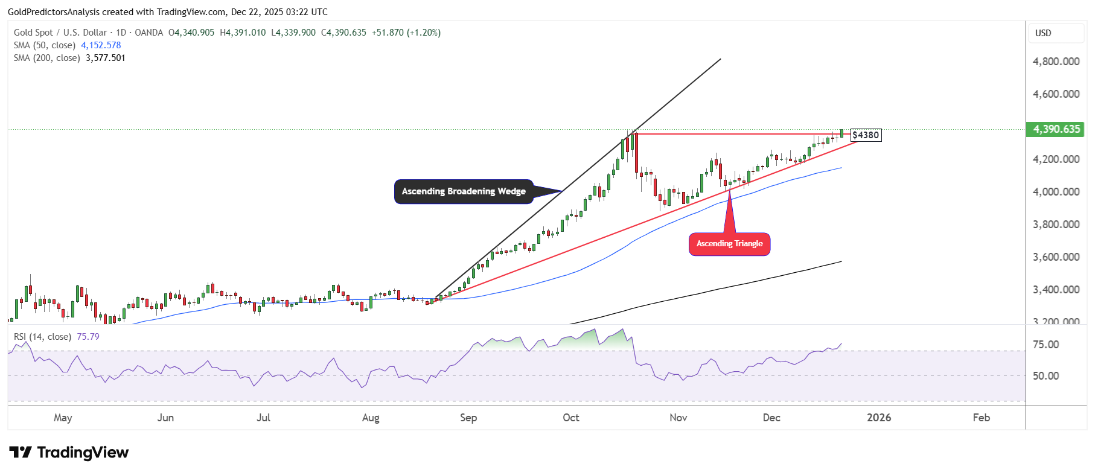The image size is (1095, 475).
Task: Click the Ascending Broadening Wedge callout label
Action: pos(464,191)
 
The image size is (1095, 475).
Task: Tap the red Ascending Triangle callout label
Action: pos(729,244)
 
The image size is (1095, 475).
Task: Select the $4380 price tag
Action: pos(866,135)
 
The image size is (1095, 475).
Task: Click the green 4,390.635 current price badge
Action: pos(1056,129)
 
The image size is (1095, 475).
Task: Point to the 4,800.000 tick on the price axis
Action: pos(1056,62)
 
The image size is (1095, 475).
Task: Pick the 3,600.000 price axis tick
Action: pos(1056,257)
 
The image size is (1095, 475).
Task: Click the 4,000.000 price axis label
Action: pos(1056,192)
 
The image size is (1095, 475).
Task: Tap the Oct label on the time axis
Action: pos(570,418)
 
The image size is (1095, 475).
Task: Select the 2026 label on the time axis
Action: pos(878,418)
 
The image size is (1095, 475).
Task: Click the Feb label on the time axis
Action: pos(981,418)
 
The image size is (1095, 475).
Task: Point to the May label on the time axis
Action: pos(63,418)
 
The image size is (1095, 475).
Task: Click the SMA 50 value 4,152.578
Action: pos(101,45)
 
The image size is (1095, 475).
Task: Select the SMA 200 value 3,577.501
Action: pos(106,58)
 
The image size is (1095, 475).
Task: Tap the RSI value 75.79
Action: pos(88,337)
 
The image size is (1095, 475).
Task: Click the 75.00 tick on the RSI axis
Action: pos(1046,345)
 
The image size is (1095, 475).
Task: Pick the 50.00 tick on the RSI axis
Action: pos(1046,376)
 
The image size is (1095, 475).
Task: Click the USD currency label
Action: pos(1043,33)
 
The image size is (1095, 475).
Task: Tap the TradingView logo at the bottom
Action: pos(69,453)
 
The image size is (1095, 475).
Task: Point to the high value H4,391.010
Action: pos(243,33)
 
